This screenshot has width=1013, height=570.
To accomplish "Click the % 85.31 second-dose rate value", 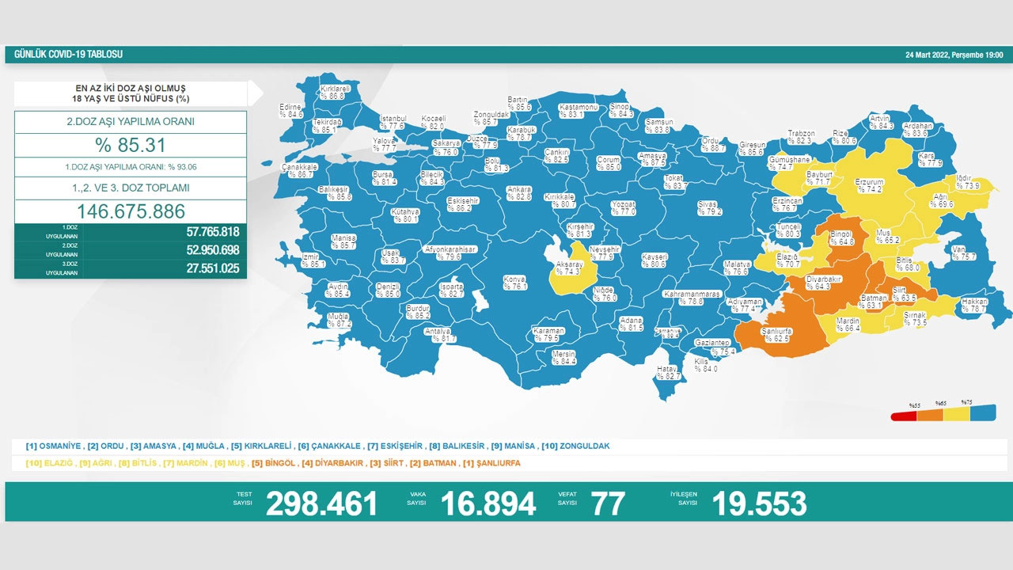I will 131,146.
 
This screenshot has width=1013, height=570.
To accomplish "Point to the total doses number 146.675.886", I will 131,211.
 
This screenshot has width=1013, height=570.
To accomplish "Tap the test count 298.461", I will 321,503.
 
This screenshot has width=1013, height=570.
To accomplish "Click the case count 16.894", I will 488,503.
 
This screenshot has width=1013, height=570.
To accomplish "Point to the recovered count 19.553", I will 759,503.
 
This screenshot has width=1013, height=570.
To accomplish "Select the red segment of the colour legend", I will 903,416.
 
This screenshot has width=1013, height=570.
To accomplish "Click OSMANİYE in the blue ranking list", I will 55,446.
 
